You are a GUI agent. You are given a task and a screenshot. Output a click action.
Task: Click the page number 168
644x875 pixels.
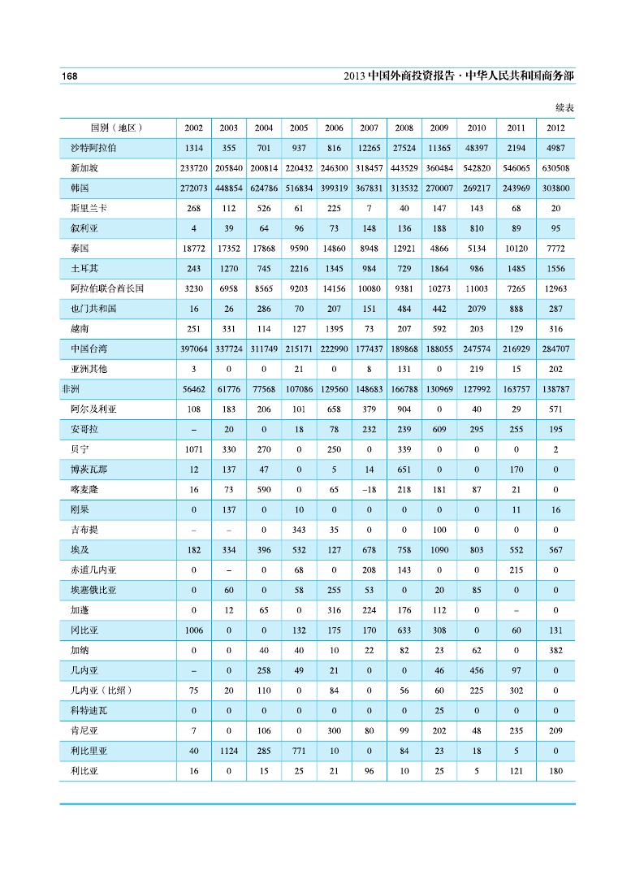pos(68,76)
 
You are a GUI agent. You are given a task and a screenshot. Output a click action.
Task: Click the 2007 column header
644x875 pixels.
pos(369,128)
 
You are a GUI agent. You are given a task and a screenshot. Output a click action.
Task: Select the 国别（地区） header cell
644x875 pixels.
pos(116,128)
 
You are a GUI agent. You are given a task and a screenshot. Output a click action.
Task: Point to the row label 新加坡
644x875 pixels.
pos(87,168)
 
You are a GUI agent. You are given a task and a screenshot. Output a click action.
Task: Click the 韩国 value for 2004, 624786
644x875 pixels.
pos(263,188)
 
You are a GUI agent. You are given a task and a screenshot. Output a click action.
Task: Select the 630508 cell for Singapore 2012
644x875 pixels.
pos(555,168)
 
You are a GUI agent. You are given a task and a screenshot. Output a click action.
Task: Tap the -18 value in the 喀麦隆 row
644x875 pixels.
pos(369,490)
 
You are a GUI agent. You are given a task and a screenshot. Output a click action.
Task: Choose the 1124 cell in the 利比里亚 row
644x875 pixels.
pos(228,751)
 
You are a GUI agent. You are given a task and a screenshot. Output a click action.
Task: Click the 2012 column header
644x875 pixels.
pos(555,128)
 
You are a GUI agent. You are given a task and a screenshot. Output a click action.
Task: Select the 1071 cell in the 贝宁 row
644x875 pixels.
pos(193,449)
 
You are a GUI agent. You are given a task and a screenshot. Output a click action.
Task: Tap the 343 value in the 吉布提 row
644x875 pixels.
pos(298,530)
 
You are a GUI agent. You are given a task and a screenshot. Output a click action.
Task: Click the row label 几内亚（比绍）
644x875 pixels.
pos(101,691)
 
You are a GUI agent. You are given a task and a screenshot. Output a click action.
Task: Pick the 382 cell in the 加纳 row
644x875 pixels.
pos(555,651)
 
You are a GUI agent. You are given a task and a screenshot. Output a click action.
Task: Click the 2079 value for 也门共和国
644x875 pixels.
pos(476,309)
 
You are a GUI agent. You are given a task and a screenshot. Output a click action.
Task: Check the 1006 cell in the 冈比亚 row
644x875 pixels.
pos(193,630)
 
